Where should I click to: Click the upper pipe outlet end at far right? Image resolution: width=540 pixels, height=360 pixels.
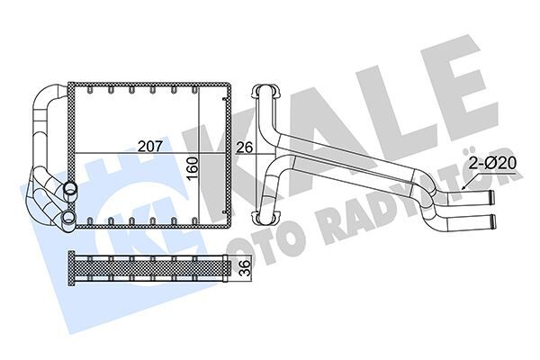tap(491, 196)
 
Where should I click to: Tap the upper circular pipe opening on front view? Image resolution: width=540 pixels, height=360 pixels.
tap(70, 189)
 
